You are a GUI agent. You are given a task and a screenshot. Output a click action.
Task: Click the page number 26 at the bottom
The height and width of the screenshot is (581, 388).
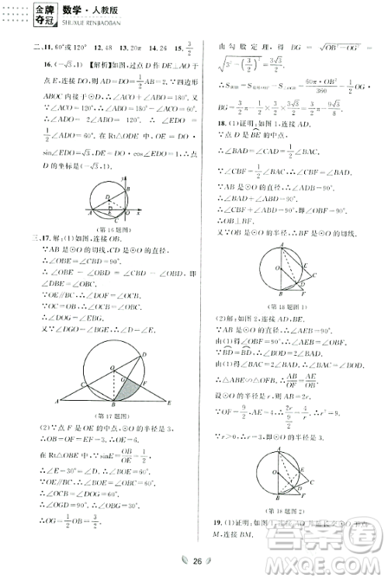198,562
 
